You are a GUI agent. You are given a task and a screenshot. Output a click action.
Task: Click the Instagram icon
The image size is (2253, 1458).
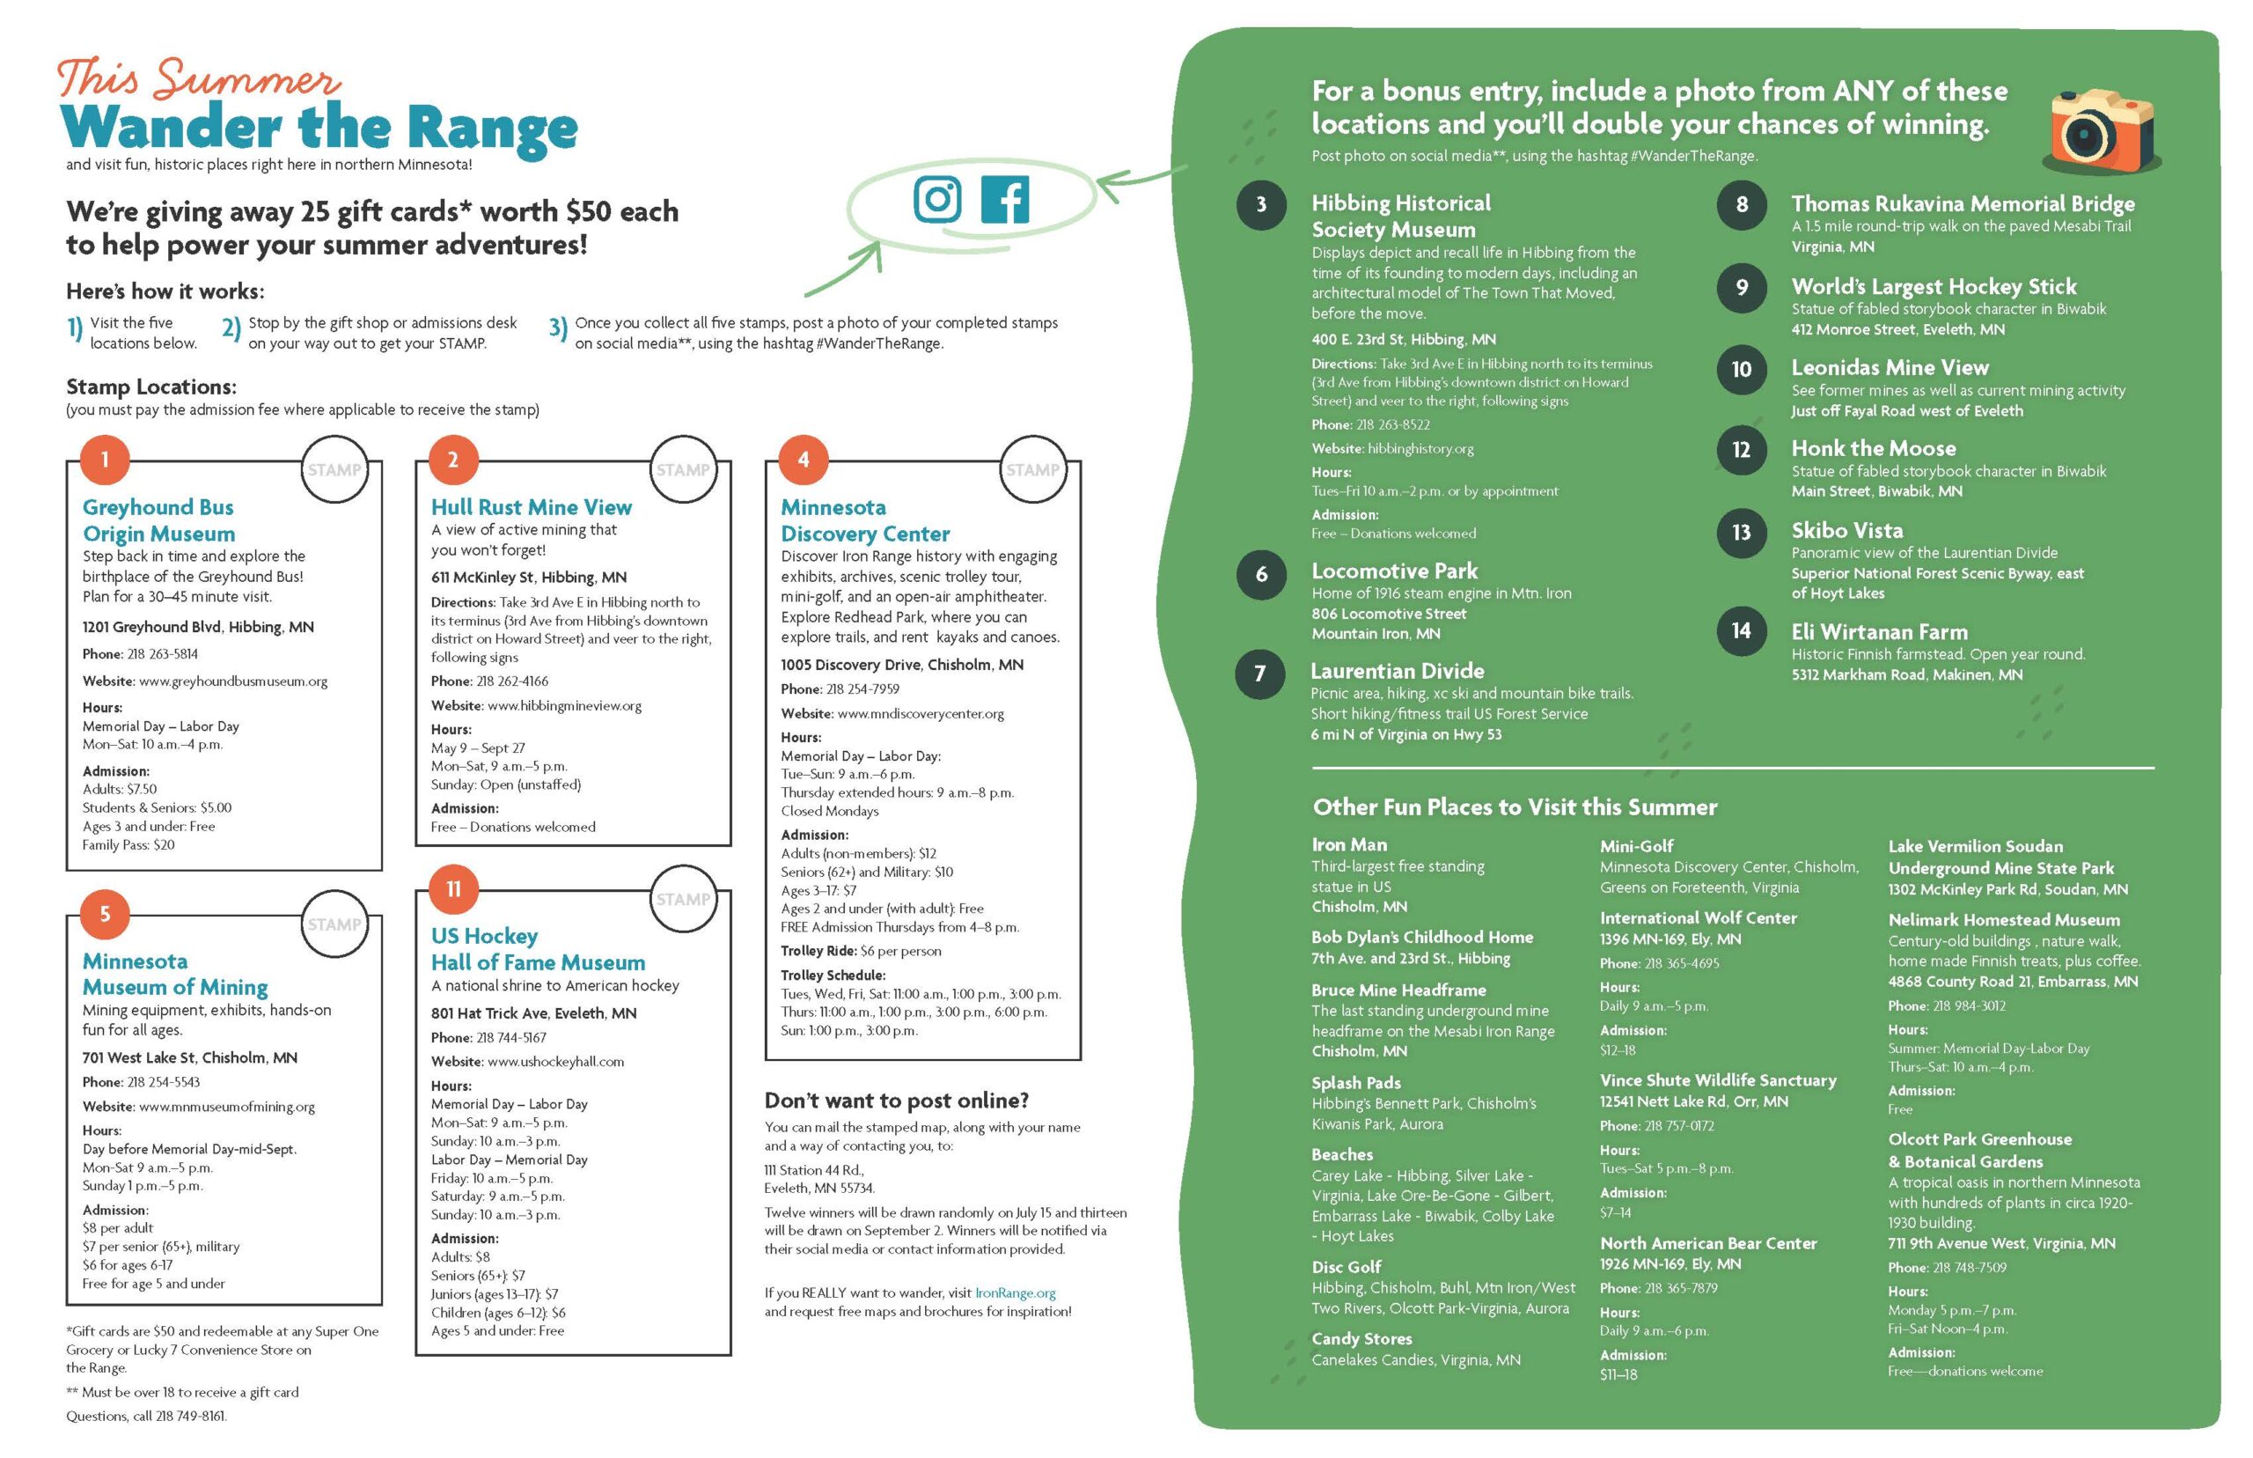pos(936,199)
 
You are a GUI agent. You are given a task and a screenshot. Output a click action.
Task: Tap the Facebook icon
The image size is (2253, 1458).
pos(1004,200)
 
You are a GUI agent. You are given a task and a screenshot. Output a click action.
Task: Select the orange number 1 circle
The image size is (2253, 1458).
pos(105,460)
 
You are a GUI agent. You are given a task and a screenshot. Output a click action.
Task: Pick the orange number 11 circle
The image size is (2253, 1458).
pos(453,889)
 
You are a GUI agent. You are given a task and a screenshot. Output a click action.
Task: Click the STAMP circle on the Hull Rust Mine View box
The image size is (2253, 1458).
pos(682,469)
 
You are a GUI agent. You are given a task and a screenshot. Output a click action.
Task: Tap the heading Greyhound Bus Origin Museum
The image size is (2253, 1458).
pos(158,520)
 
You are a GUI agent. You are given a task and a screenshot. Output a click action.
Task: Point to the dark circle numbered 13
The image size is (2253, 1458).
pos(1741,533)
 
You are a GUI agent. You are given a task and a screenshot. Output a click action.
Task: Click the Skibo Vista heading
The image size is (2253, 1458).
pos(1846,530)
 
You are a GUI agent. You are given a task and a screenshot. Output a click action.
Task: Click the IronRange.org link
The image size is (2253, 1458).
pos(1016,1292)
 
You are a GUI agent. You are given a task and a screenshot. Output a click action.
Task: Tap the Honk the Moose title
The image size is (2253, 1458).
pos(1873,449)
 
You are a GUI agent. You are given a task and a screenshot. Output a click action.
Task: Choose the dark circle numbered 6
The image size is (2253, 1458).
pos(1261,574)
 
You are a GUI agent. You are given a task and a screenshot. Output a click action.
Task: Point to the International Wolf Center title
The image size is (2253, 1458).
pos(1698,917)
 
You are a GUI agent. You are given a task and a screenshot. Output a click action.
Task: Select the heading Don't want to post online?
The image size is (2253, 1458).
pos(896,1101)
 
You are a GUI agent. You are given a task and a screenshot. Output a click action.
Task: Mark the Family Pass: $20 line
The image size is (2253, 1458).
pos(128,844)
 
